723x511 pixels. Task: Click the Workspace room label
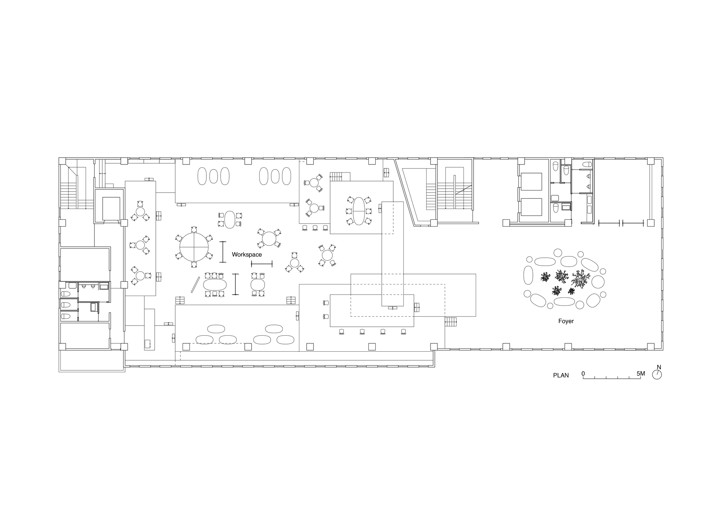(x=247, y=255)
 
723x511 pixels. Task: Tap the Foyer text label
(x=566, y=321)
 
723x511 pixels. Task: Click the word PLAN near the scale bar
(x=561, y=375)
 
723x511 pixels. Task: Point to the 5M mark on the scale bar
(x=641, y=374)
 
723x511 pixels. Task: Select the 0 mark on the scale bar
(x=583, y=374)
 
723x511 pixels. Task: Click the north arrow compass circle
(x=657, y=375)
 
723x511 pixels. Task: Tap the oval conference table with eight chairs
(x=359, y=211)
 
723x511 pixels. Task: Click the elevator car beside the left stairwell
(x=111, y=209)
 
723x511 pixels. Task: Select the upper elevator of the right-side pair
(x=531, y=181)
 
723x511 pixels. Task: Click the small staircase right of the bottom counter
(x=450, y=322)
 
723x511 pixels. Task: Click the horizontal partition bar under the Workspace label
(x=261, y=264)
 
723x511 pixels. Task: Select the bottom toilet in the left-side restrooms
(x=65, y=316)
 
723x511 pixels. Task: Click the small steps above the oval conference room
(x=336, y=177)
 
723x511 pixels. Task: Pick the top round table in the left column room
(x=140, y=211)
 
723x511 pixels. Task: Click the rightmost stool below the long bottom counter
(x=404, y=331)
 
